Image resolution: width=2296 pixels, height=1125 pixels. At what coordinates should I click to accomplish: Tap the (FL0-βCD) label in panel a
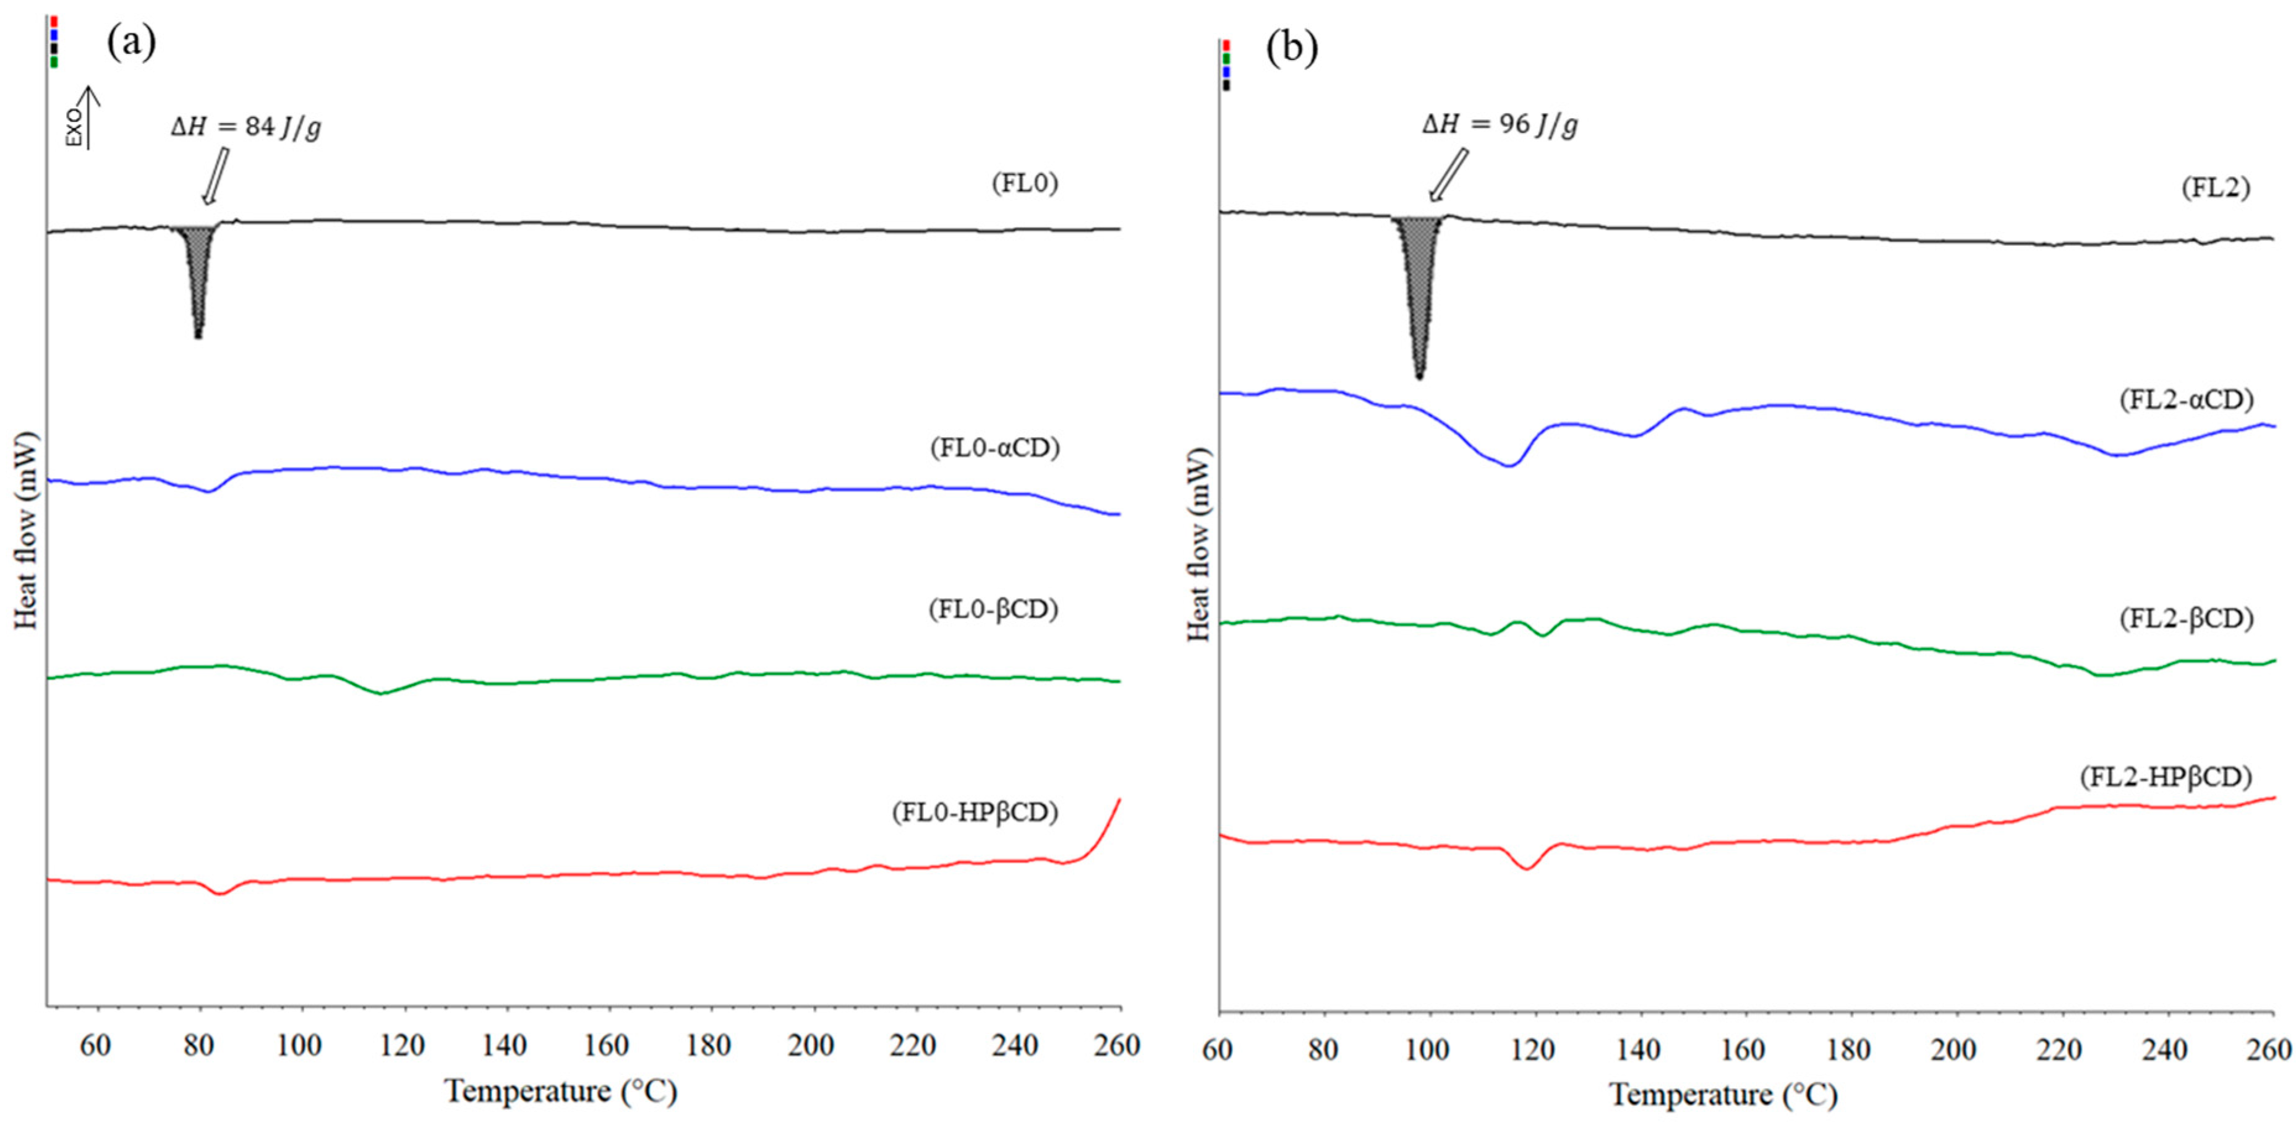pos(993,610)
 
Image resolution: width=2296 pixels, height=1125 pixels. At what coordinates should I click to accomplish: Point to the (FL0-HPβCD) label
pos(975,812)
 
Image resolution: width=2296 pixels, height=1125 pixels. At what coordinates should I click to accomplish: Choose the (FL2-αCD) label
pos(2185,400)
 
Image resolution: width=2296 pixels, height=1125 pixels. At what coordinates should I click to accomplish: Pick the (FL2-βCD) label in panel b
pos(2185,618)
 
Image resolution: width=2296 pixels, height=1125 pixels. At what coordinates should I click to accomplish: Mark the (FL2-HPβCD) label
pos(2166,777)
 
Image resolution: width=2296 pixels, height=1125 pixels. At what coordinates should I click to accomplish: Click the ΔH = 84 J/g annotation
pos(246,127)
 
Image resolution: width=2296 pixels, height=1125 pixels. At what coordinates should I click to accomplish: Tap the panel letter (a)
pos(131,43)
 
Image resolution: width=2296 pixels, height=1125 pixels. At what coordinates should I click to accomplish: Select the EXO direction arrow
pos(89,118)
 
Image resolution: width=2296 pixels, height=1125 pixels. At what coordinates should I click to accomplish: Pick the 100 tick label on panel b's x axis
pos(1428,1050)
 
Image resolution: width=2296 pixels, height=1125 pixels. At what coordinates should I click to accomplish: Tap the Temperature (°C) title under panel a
pos(561,1091)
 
